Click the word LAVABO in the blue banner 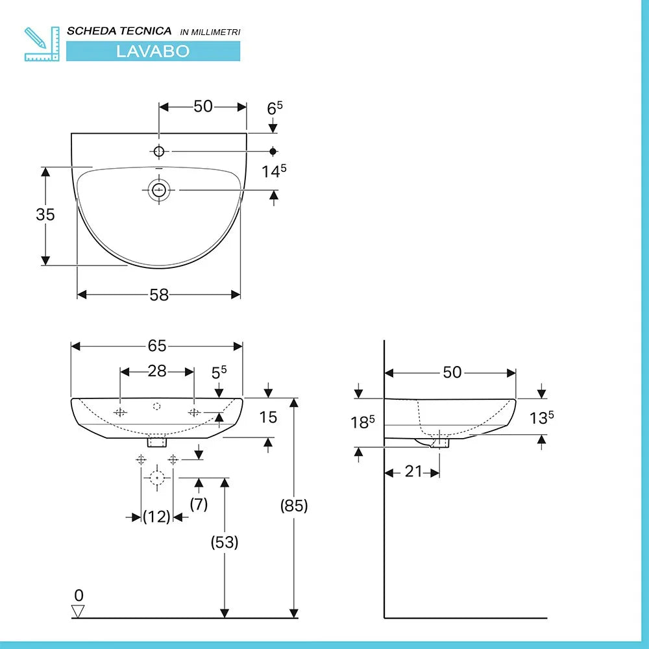click(x=153, y=51)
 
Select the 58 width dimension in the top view click(x=159, y=295)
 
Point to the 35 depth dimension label click(x=45, y=214)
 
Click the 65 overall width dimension click(x=157, y=346)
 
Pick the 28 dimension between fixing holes click(x=157, y=371)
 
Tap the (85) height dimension click(x=294, y=506)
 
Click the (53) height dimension click(x=225, y=542)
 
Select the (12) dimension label click(x=156, y=517)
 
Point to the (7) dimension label click(x=199, y=504)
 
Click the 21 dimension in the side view click(x=413, y=472)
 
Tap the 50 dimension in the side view click(x=452, y=373)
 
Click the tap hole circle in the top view click(x=159, y=151)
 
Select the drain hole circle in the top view click(x=159, y=190)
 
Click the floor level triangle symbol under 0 click(x=79, y=611)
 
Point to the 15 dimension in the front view click(x=268, y=417)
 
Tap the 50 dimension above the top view click(x=203, y=106)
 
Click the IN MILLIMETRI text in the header click(x=210, y=32)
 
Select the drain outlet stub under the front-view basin click(x=157, y=442)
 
